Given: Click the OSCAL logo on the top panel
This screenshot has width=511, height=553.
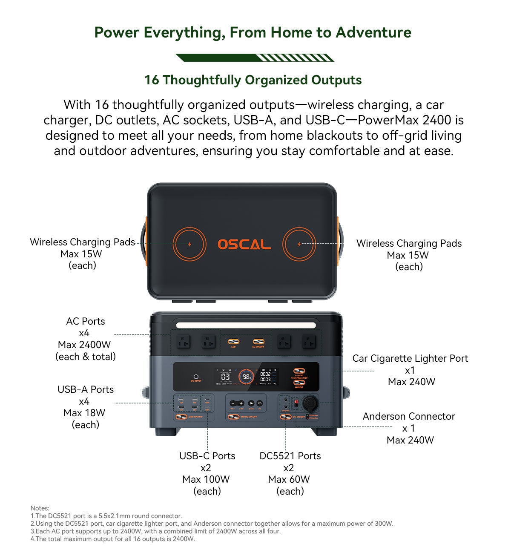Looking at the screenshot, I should (x=244, y=244).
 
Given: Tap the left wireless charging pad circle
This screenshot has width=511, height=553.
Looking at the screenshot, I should (x=189, y=244).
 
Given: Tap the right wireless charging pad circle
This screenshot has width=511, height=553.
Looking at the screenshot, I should (x=299, y=244).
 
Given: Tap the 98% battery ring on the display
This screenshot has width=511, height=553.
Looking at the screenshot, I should (x=247, y=377).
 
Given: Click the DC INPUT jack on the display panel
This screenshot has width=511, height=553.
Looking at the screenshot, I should (x=196, y=377).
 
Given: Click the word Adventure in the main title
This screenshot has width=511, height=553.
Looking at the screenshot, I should (x=373, y=32).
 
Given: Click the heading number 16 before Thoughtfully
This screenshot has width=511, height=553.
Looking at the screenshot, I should (x=151, y=80).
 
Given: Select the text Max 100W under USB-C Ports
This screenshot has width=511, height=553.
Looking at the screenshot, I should (x=206, y=479).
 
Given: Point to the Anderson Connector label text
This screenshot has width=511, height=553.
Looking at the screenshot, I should (x=409, y=416).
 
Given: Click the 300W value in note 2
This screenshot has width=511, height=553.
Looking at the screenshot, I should (x=383, y=524).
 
